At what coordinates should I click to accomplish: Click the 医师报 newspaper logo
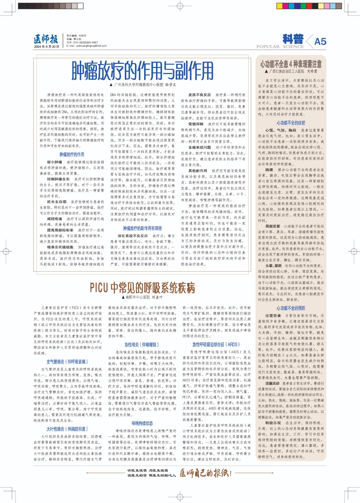(x=46, y=39)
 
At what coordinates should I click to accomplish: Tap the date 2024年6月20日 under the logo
(x=47, y=47)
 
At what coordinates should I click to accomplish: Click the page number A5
(x=320, y=41)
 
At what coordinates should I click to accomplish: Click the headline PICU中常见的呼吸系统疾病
(x=143, y=287)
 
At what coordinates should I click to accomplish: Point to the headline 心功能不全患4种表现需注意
(x=291, y=64)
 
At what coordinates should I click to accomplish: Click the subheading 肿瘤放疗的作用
(x=72, y=154)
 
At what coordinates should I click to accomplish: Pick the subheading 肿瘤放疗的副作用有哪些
(x=142, y=228)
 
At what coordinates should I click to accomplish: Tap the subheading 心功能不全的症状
(x=291, y=123)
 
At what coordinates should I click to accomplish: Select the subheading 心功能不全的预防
(x=291, y=308)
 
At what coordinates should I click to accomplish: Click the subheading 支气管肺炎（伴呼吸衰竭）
(x=67, y=362)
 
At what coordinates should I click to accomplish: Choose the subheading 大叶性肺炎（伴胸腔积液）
(x=67, y=429)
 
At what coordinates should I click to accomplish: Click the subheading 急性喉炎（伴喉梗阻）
(x=142, y=345)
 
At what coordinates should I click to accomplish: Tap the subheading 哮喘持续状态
(x=142, y=423)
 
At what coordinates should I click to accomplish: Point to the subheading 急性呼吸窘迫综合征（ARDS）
(x=216, y=345)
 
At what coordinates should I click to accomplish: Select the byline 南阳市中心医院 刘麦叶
(x=142, y=297)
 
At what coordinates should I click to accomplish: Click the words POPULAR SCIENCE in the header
(x=280, y=47)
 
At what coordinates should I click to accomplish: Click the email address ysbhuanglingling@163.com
(x=87, y=46)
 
